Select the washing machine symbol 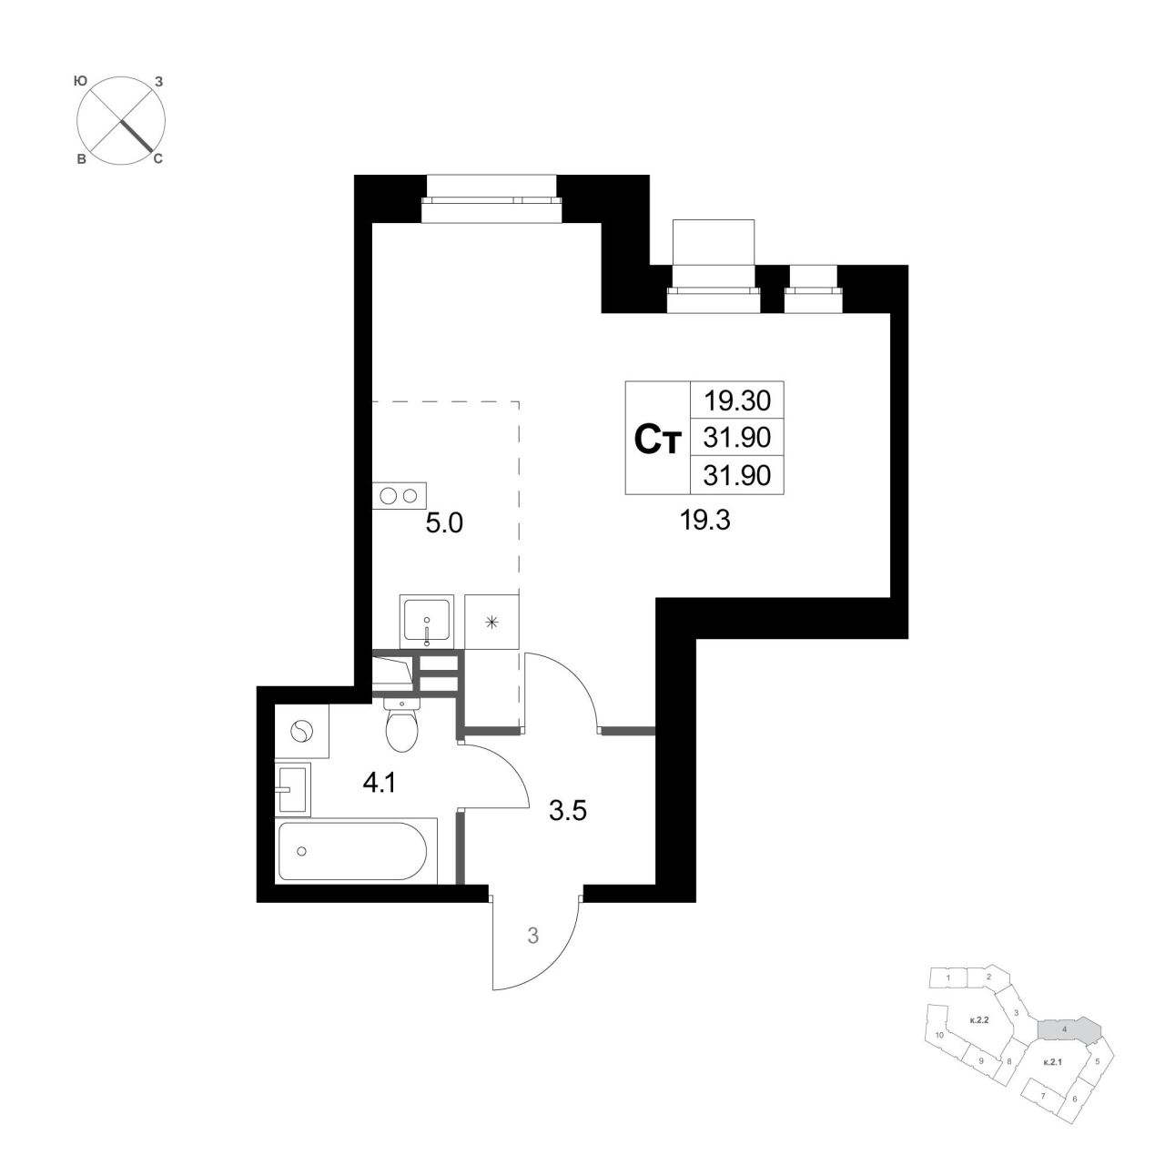click(301, 732)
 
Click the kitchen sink click(426, 620)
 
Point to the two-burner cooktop click(399, 496)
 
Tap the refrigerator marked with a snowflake click(492, 622)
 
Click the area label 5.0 click(444, 523)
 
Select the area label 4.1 click(379, 784)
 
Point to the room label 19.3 click(705, 520)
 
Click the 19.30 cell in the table click(737, 400)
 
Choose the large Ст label click(658, 439)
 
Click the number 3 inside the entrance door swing click(532, 936)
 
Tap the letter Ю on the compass click(80, 80)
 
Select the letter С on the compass click(157, 159)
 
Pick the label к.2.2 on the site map click(978, 1020)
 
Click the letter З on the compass click(159, 81)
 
